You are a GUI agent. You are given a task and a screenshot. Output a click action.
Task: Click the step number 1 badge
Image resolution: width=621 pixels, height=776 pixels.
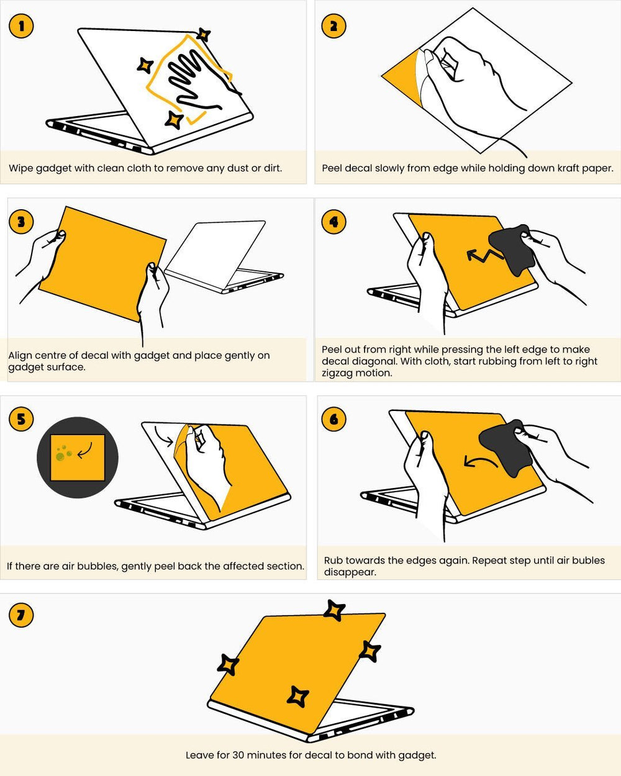click(22, 26)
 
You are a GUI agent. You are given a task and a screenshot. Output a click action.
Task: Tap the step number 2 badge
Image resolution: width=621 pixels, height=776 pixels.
click(333, 26)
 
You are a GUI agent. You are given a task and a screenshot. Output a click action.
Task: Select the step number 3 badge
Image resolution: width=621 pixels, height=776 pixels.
click(22, 222)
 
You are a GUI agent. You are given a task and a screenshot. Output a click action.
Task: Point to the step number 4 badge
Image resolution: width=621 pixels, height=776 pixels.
click(333, 222)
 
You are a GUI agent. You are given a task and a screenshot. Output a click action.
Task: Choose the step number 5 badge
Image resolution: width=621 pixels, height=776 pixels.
click(22, 419)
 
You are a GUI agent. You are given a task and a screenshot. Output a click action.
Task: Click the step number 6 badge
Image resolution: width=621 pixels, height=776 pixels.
click(333, 419)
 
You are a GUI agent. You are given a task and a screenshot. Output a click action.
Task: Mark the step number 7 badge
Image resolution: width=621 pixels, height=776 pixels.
click(22, 615)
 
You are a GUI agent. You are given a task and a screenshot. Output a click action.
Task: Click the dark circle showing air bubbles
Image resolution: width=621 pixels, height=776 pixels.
click(77, 458)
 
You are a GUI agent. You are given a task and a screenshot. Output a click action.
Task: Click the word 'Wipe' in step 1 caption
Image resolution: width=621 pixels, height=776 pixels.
click(21, 168)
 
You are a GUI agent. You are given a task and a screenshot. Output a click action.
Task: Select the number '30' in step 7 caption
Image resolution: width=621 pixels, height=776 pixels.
click(238, 756)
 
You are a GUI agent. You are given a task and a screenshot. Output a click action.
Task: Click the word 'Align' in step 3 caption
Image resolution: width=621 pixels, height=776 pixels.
click(20, 356)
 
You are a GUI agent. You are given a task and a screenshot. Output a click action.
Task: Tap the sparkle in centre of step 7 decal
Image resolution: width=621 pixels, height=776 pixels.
click(298, 696)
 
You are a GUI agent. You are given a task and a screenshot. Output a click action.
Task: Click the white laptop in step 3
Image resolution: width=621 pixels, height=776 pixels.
click(224, 255)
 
